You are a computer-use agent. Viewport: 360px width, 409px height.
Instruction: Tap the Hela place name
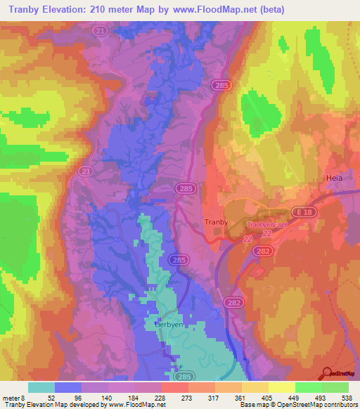[x=334, y=178]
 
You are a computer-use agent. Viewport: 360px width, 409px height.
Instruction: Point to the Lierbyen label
[x=168, y=325]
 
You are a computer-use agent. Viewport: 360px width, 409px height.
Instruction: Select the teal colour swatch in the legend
[x=41, y=387]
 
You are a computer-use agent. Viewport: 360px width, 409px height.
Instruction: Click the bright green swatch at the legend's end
[x=335, y=387]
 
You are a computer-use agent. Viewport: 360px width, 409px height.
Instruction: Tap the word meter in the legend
[x=11, y=398]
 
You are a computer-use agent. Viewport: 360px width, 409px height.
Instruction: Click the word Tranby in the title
[x=26, y=10]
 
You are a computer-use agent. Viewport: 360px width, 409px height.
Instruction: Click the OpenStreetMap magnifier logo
[x=327, y=375]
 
